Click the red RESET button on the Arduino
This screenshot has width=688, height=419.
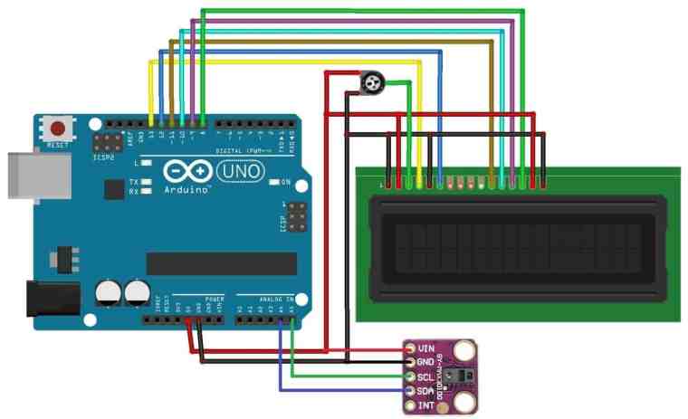pos(61,128)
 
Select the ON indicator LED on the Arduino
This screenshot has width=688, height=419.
pos(273,182)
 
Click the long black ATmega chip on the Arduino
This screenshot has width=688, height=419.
pos(221,263)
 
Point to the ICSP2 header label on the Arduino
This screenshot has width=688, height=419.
pos(106,157)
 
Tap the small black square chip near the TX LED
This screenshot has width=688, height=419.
pos(114,188)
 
